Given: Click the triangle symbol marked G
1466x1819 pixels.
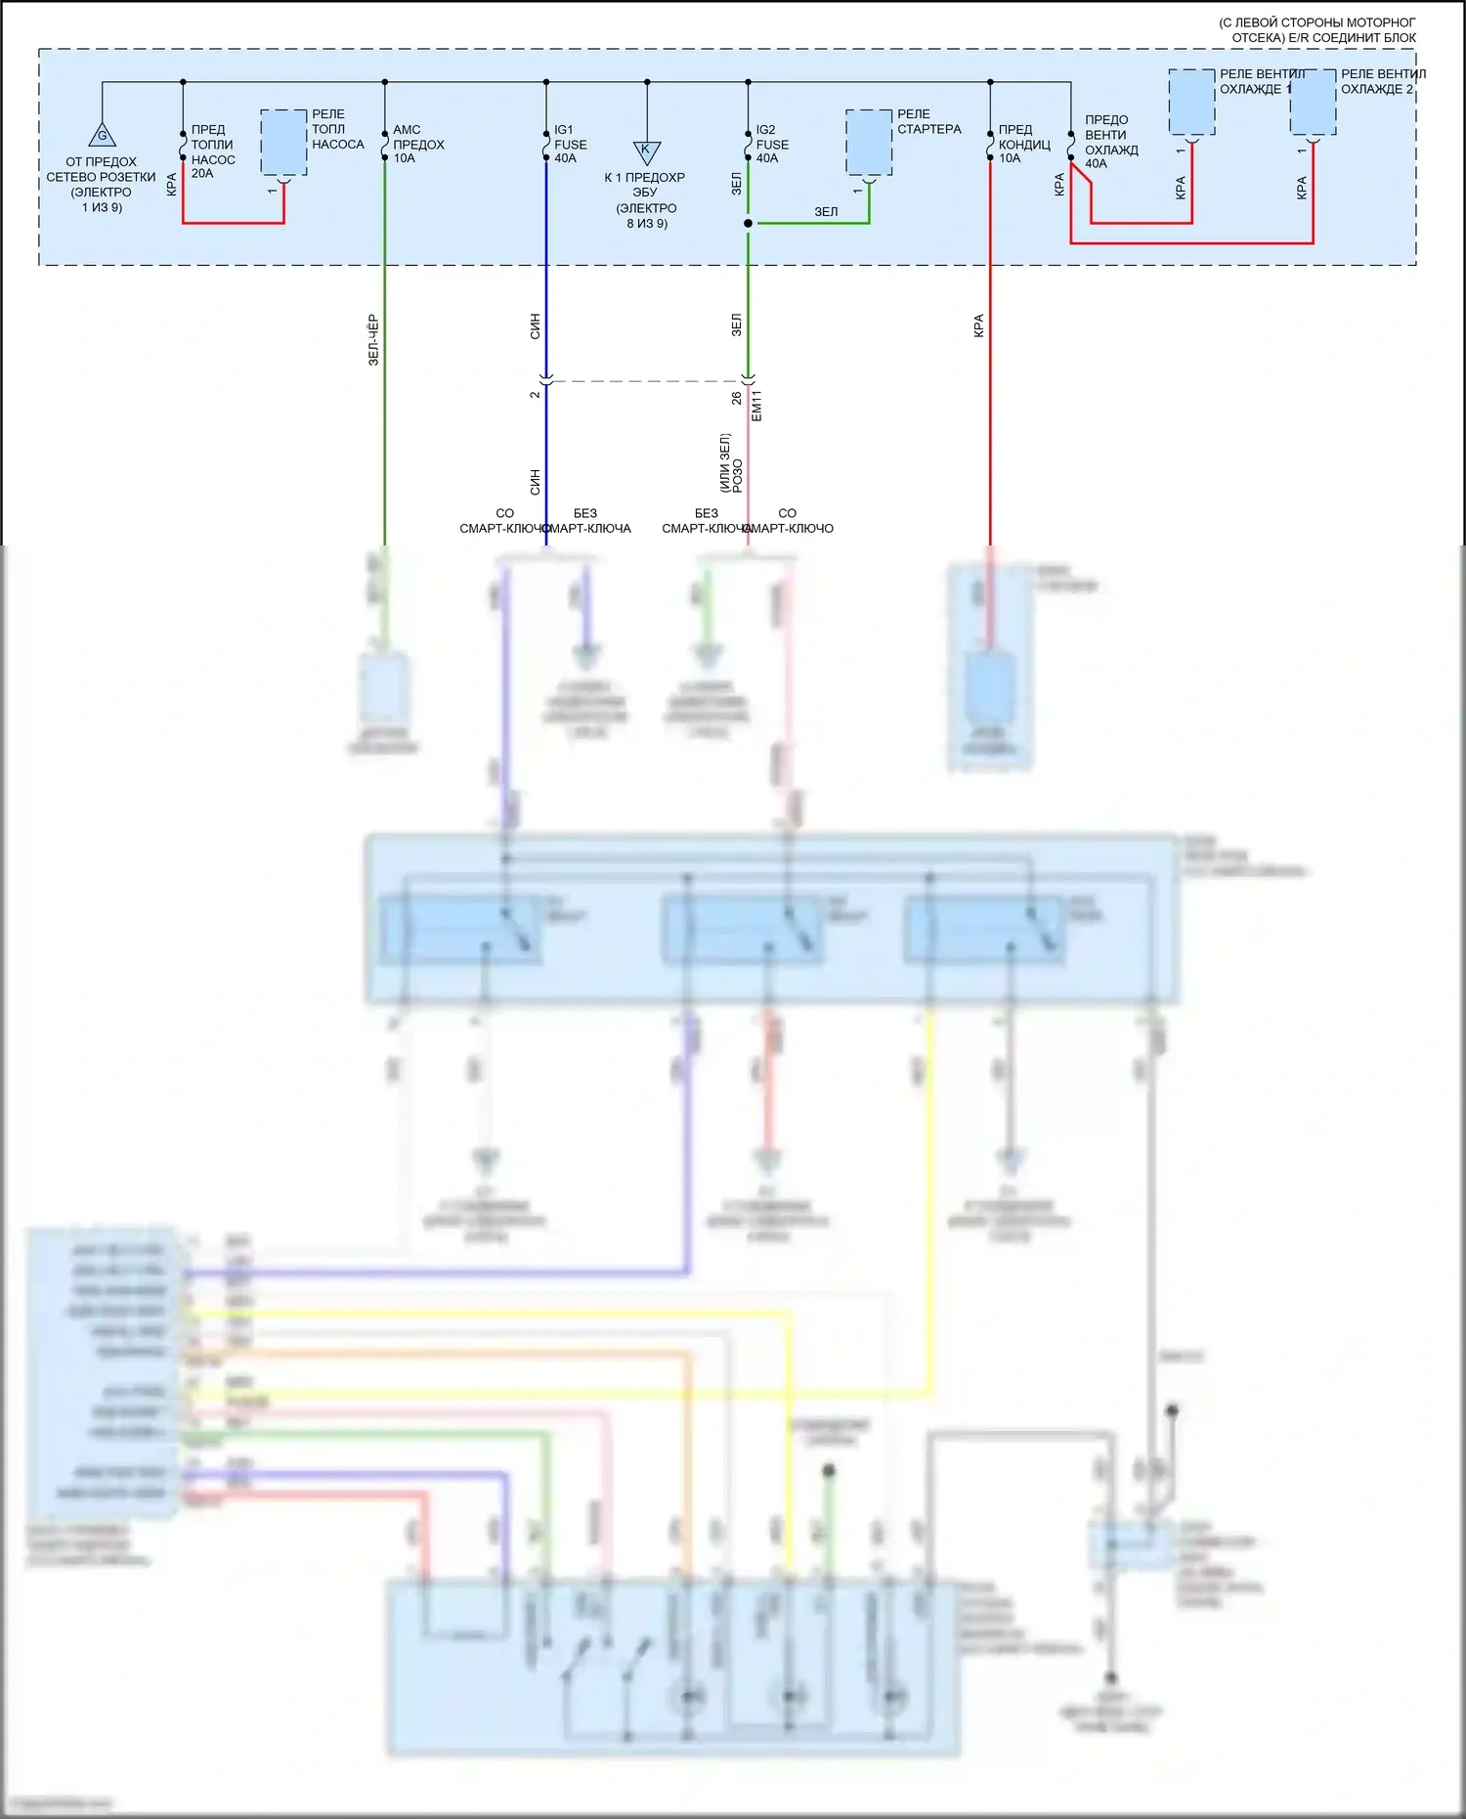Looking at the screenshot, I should pyautogui.click(x=102, y=135).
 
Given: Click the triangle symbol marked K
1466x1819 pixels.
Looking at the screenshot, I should pyautogui.click(x=646, y=152).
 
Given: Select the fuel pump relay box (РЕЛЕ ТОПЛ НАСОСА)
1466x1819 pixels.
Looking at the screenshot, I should pyautogui.click(x=283, y=143).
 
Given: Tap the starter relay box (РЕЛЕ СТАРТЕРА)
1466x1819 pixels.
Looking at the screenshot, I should pyautogui.click(x=868, y=143).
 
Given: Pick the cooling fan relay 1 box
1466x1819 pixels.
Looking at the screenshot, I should pyautogui.click(x=1191, y=102).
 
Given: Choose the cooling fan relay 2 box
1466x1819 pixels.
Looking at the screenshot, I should pyautogui.click(x=1313, y=102).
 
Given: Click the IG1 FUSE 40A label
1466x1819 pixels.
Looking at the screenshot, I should pyautogui.click(x=570, y=144).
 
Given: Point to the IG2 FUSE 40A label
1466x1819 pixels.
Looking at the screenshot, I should pyautogui.click(x=772, y=144).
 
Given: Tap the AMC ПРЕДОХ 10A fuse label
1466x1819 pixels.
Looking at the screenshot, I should pyautogui.click(x=417, y=144).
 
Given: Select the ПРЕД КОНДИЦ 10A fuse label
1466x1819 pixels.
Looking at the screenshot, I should pyautogui.click(x=1023, y=144).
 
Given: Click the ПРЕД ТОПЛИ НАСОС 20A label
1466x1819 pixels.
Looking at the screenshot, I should pyautogui.click(x=212, y=152).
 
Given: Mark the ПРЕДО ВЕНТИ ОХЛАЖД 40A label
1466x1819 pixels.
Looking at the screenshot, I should pyautogui.click(x=1111, y=142).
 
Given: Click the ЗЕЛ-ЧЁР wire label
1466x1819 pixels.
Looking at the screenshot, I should pyautogui.click(x=373, y=340).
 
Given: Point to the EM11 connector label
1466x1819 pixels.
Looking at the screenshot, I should pyautogui.click(x=756, y=405).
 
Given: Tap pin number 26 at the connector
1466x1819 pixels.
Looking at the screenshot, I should pyautogui.click(x=736, y=399).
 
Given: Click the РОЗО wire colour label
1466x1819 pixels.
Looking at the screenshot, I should pyautogui.click(x=738, y=475).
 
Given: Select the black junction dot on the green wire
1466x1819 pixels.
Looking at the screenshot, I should pyautogui.click(x=748, y=224).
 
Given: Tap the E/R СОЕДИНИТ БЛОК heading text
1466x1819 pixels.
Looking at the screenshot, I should pyautogui.click(x=1323, y=38).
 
